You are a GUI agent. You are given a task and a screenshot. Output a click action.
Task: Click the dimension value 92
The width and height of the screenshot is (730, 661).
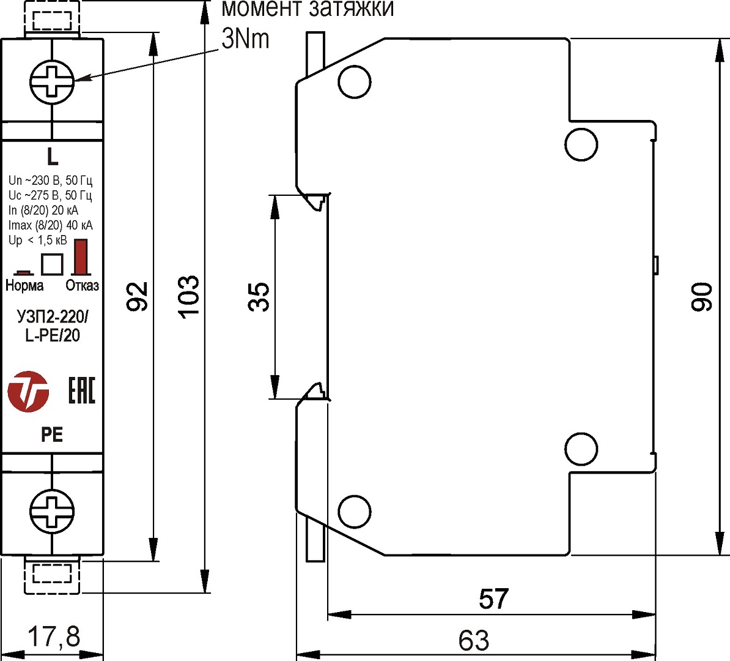pyautogui.click(x=139, y=296)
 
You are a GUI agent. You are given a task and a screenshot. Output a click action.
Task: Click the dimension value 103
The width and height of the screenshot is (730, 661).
pyautogui.click(x=189, y=296)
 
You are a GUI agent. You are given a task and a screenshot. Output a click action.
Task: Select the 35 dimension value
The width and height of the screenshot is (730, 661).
pyautogui.click(x=260, y=297)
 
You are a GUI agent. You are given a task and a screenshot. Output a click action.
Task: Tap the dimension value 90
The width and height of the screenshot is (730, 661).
pyautogui.click(x=702, y=297)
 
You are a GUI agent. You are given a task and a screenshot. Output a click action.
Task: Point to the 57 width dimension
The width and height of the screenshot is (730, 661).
pyautogui.click(x=493, y=599)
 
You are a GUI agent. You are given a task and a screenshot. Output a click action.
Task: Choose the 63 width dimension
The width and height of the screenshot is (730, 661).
pyautogui.click(x=474, y=641)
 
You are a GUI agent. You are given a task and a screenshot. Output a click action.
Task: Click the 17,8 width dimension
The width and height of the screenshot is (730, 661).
pyautogui.click(x=54, y=637)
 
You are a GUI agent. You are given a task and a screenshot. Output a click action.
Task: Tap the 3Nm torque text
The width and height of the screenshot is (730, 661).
pyautogui.click(x=245, y=39)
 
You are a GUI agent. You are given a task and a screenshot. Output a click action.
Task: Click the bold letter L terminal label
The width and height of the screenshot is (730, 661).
pyautogui.click(x=53, y=157)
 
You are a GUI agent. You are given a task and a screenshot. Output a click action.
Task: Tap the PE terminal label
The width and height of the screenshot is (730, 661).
pyautogui.click(x=52, y=435)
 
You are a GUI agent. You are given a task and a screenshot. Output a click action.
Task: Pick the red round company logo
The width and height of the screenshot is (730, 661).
pyautogui.click(x=28, y=390)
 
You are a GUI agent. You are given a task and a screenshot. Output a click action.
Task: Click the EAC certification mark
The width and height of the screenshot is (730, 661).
pyautogui.click(x=81, y=390)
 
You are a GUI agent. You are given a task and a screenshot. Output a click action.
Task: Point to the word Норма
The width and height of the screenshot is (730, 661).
pyautogui.click(x=24, y=285)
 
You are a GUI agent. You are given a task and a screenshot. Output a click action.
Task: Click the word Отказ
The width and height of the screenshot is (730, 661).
pyautogui.click(x=82, y=285)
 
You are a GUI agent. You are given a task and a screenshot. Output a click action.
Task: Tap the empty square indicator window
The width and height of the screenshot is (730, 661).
pyautogui.click(x=52, y=264)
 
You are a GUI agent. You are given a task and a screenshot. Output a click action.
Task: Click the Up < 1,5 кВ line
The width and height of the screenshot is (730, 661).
pyautogui.click(x=38, y=241)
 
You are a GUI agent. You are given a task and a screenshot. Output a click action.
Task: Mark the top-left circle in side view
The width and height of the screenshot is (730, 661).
pyautogui.click(x=355, y=82)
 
